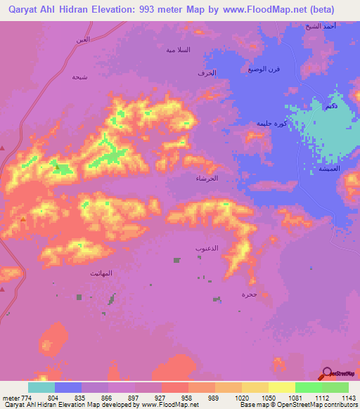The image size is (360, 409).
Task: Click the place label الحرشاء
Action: [207, 178]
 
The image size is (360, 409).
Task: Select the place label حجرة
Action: [247, 294]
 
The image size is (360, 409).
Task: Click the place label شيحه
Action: [78, 77]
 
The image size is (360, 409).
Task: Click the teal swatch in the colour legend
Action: [41, 387]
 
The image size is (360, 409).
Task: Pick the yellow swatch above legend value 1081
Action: [282, 387]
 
